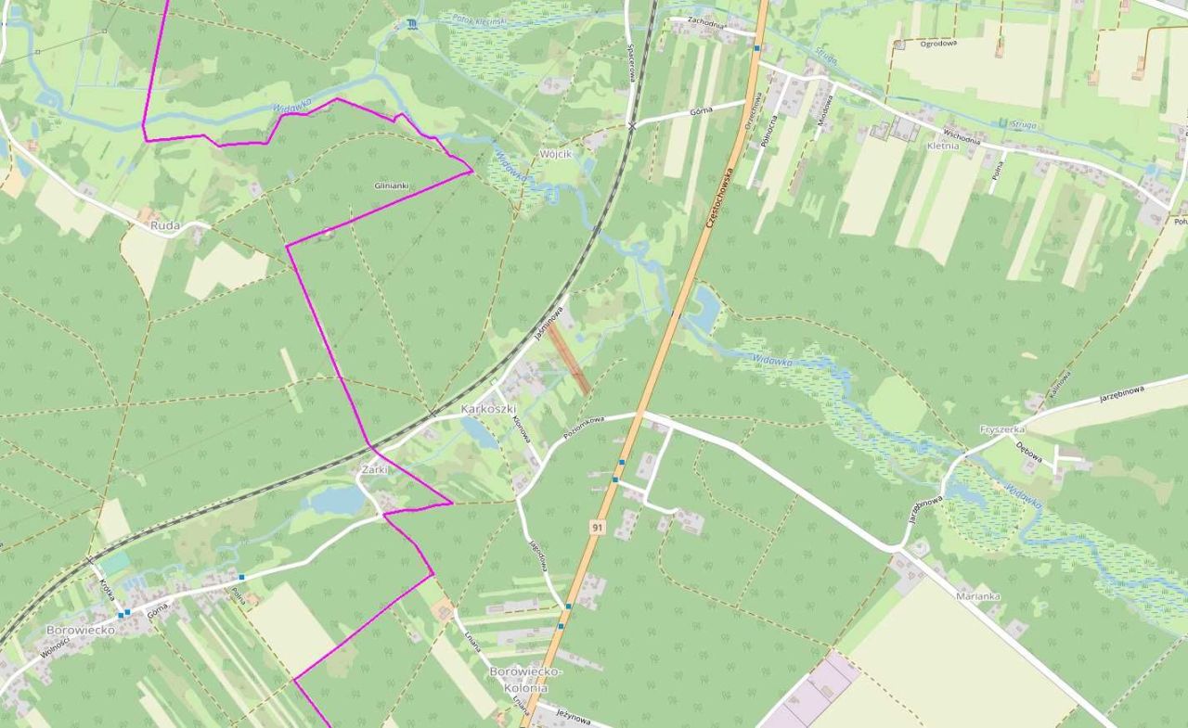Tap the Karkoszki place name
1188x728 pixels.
(x=488, y=409)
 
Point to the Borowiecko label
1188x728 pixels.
(x=81, y=630)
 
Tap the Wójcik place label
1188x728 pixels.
(x=556, y=153)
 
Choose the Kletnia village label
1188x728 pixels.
(x=943, y=146)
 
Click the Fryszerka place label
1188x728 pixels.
(x=1002, y=429)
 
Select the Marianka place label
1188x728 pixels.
(x=978, y=596)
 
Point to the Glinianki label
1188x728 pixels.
(x=391, y=185)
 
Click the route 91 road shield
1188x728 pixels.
(x=597, y=527)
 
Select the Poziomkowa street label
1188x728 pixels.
(x=584, y=427)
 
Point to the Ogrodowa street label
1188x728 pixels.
(x=938, y=43)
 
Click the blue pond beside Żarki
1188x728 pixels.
(x=338, y=501)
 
